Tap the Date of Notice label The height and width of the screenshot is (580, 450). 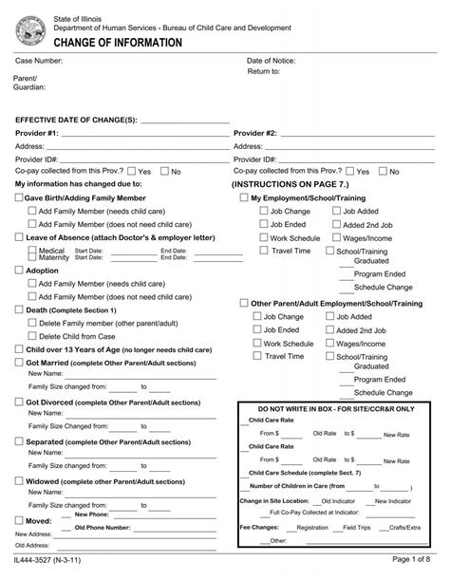pyautogui.click(x=273, y=60)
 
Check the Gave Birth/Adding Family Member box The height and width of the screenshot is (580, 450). pyautogui.click(x=19, y=197)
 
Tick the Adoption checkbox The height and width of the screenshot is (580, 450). pyautogui.click(x=19, y=271)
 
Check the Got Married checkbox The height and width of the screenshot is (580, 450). pyautogui.click(x=19, y=363)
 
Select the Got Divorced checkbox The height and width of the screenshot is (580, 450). pyautogui.click(x=19, y=402)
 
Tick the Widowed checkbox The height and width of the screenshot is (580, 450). pyautogui.click(x=19, y=481)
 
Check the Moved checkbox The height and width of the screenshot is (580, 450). pyautogui.click(x=19, y=521)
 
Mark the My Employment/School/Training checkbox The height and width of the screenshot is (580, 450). pyautogui.click(x=243, y=197)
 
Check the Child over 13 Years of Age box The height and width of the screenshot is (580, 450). pyautogui.click(x=19, y=349)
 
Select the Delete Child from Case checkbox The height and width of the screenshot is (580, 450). pyautogui.click(x=32, y=336)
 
